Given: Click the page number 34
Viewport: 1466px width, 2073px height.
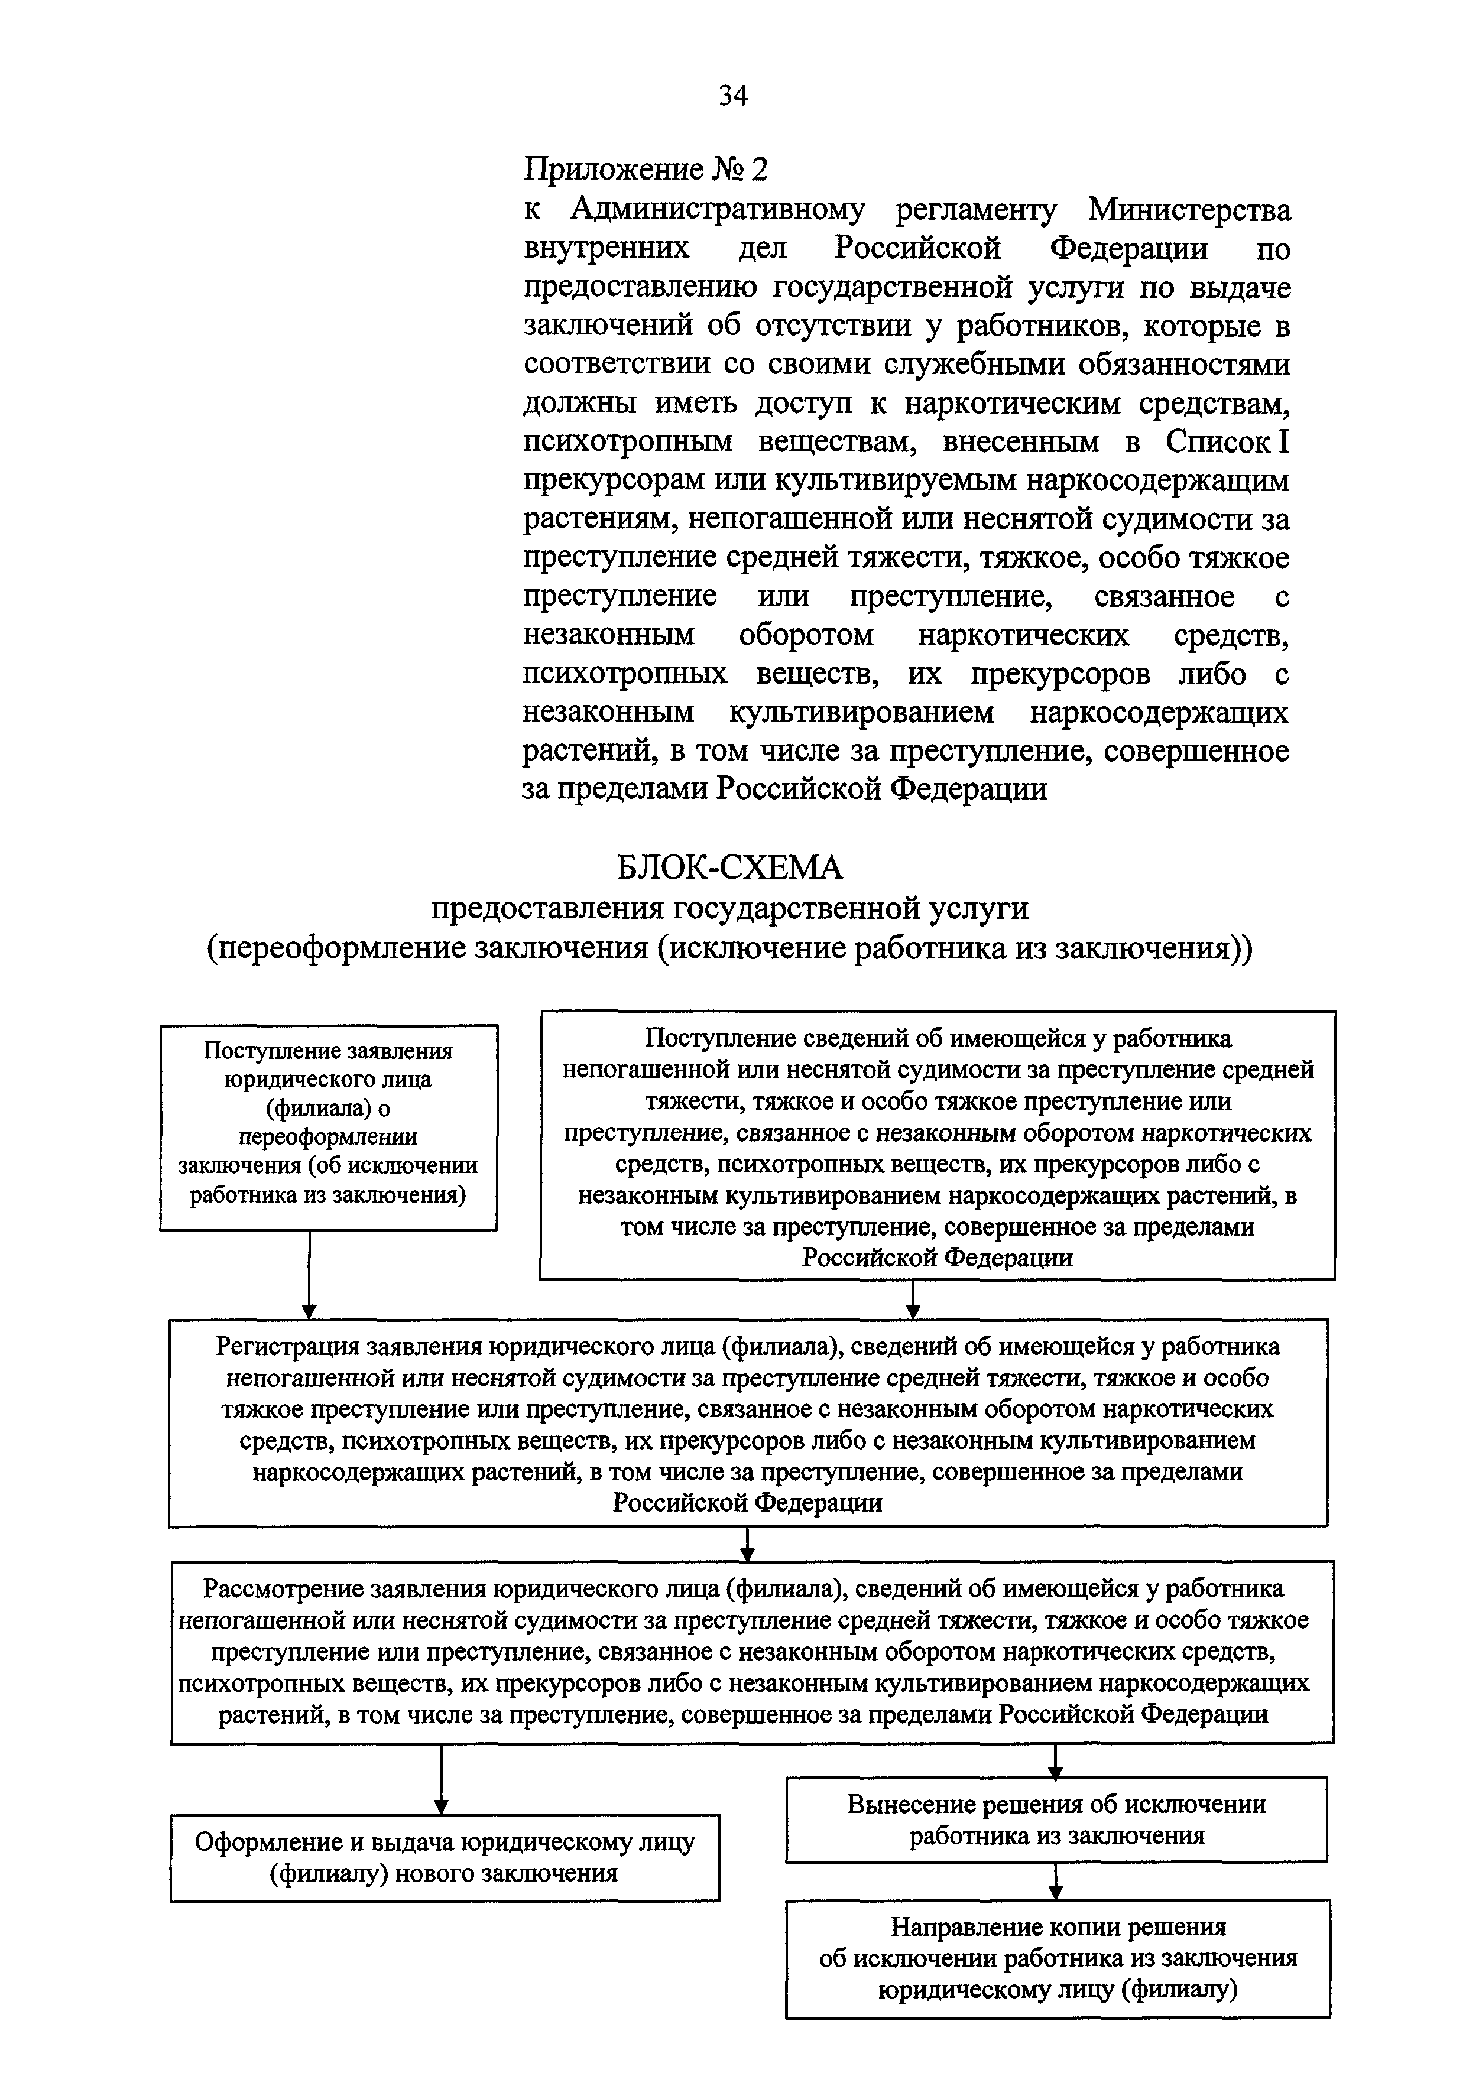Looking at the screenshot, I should pos(732,95).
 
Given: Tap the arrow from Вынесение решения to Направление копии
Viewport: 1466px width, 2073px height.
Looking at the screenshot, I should pos(1055,1881).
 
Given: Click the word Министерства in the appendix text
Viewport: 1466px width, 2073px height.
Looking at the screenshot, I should pos(1189,209).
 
